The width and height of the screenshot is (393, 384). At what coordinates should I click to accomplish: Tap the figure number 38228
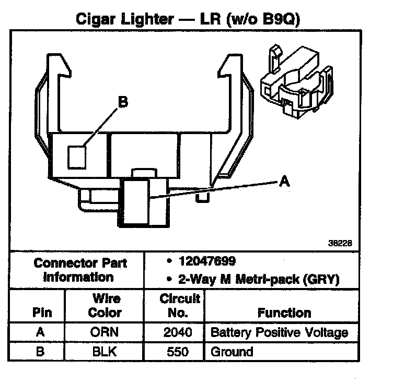pos(340,242)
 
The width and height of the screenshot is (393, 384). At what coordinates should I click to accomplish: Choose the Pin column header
pos(42,313)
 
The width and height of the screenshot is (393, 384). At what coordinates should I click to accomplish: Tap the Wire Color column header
pos(106,306)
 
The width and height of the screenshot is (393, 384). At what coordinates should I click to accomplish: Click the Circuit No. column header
pos(180,306)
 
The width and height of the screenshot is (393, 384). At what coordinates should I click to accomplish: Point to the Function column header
pos(284,313)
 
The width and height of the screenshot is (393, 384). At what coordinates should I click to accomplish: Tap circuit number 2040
pos(178,332)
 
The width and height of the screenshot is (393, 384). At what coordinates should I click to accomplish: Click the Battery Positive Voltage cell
pos(279,332)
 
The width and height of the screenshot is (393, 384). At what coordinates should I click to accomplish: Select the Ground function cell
pos(232,351)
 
